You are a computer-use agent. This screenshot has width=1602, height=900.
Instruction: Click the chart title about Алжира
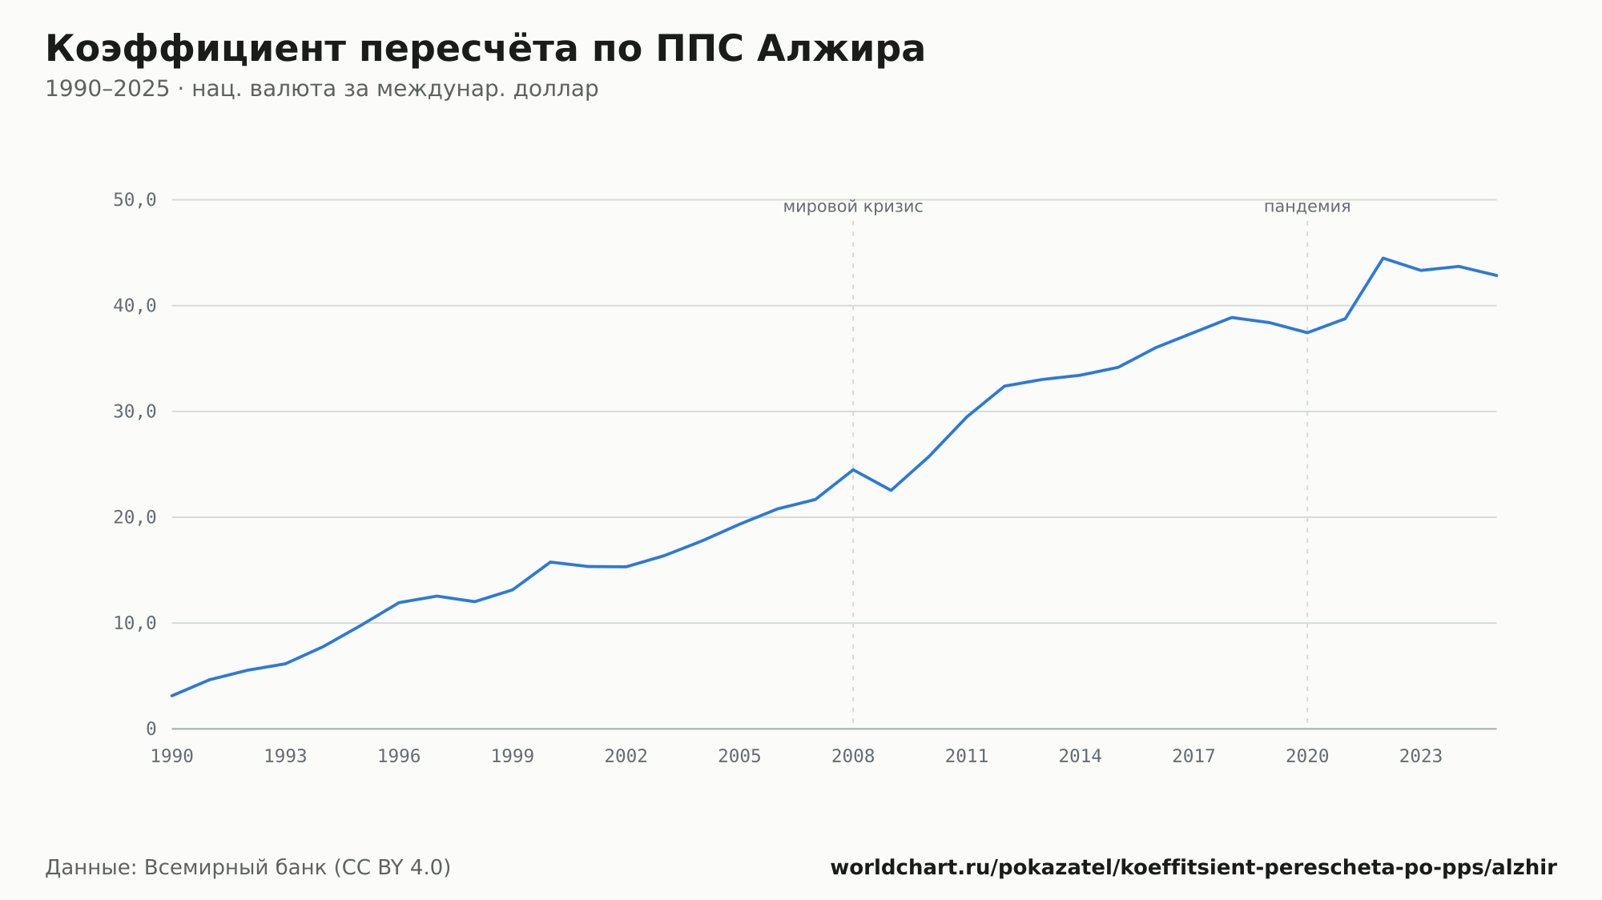point(485,49)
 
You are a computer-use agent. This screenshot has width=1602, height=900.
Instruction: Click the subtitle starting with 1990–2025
point(322,89)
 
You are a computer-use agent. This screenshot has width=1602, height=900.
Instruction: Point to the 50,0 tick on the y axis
point(135,200)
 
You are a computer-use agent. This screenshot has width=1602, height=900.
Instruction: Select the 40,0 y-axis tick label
point(135,306)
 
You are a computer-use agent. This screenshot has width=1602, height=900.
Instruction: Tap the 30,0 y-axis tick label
point(135,412)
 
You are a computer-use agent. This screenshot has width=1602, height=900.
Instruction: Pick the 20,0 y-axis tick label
point(135,517)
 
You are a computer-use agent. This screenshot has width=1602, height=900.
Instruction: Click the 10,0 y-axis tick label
point(135,623)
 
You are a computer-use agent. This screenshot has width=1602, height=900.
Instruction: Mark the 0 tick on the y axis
point(151,729)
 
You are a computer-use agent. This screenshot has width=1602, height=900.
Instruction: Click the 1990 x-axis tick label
point(172,757)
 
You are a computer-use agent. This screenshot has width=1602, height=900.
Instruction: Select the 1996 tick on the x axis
point(399,757)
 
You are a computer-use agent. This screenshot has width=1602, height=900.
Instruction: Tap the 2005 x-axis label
point(739,757)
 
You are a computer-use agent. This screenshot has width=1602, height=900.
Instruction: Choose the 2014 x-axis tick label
point(1081,757)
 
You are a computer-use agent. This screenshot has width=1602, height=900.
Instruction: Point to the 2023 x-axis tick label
point(1421,757)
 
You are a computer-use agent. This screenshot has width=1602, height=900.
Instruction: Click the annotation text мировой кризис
point(853,207)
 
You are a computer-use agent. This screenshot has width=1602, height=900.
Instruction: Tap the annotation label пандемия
point(1307,207)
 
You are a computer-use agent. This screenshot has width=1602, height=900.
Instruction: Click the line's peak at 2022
point(1383,258)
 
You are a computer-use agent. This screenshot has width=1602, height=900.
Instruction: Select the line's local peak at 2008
point(853,469)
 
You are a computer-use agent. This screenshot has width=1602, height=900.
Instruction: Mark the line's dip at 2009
point(891,490)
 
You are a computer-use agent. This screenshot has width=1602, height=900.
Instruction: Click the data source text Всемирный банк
point(235,868)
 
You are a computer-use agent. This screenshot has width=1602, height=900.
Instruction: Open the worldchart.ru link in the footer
point(1193,868)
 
